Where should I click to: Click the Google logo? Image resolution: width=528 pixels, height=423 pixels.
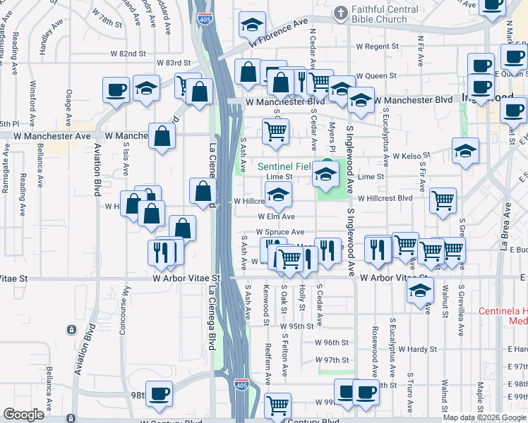(x=24, y=415)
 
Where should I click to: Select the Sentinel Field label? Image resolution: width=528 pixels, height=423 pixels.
(x=284, y=167)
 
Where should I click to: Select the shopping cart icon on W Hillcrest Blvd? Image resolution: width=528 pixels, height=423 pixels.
(x=443, y=200)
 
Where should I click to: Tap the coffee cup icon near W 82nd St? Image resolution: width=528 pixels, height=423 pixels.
(x=116, y=90)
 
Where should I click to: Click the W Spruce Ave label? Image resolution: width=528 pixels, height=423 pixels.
(x=280, y=231)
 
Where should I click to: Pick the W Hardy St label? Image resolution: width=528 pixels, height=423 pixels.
(x=418, y=348)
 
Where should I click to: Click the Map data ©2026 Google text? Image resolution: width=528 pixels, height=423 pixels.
(x=484, y=417)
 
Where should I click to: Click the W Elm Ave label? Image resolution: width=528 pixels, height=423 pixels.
(x=276, y=216)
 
